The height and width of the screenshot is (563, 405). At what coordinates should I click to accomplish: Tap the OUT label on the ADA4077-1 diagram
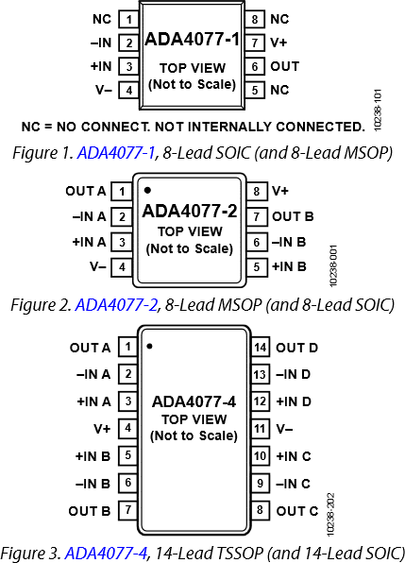pos(284,66)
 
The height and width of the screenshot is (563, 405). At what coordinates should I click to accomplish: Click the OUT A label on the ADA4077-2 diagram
pos(86,191)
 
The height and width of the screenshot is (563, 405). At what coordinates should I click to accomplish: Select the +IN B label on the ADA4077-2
pos(289,267)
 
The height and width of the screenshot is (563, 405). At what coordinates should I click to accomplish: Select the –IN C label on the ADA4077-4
pos(293,484)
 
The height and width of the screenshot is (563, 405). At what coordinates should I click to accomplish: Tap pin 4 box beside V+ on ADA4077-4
pos(127,429)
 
